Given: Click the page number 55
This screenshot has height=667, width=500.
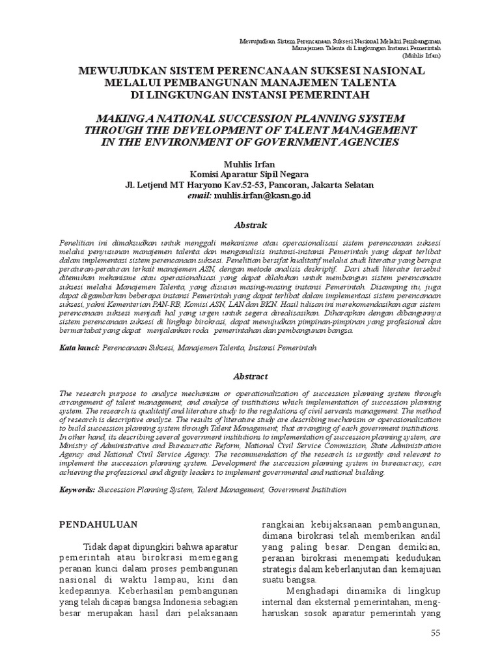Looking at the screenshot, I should (x=436, y=633).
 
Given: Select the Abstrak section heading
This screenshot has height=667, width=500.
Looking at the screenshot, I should (x=250, y=225).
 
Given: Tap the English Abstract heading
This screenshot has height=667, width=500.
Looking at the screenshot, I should (x=250, y=376).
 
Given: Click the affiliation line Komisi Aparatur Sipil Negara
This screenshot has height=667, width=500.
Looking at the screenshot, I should (x=250, y=174).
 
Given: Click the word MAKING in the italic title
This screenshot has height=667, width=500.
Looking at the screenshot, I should (x=124, y=118).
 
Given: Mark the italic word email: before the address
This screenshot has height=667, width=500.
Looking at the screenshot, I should (x=199, y=195).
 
